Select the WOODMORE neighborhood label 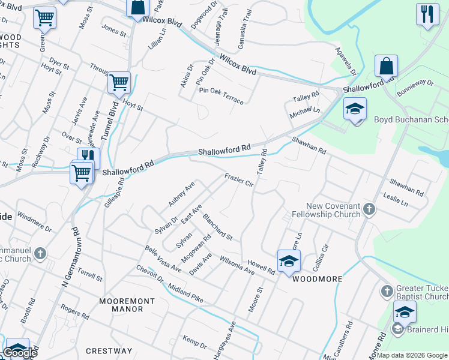[317, 279]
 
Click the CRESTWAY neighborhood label [109, 351]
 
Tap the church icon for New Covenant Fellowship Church [369, 209]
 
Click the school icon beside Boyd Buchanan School [355, 110]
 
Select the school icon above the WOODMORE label [289, 261]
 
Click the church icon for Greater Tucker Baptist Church [387, 292]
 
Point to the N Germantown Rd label [67, 256]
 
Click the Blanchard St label [218, 227]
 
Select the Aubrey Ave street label [181, 195]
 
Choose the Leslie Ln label [396, 200]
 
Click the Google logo [19, 353]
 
